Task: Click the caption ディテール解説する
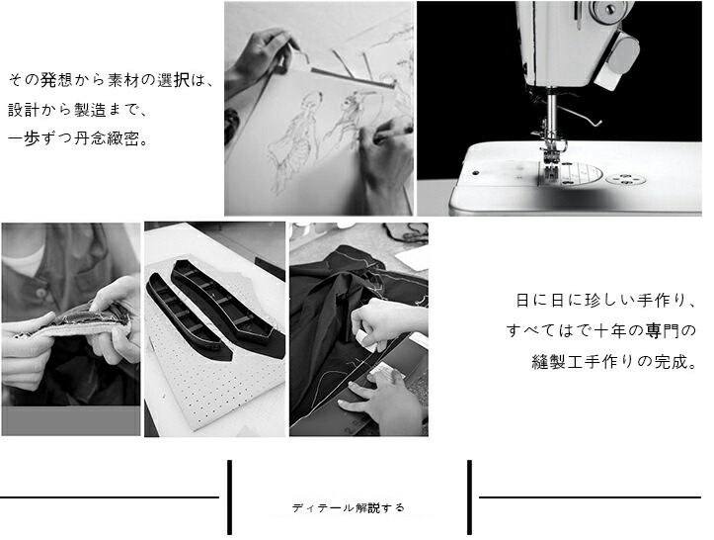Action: click(x=349, y=507)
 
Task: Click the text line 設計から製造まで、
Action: click(x=78, y=110)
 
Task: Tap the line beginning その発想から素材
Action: click(x=111, y=80)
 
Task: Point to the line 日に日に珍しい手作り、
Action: click(x=606, y=301)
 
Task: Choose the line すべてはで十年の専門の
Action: click(x=601, y=330)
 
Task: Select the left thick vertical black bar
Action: click(x=229, y=497)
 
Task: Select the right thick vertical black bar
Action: click(x=469, y=497)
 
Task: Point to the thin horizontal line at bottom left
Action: click(x=110, y=497)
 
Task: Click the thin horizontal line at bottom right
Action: click(x=591, y=497)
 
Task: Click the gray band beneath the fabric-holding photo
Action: click(x=71, y=420)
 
